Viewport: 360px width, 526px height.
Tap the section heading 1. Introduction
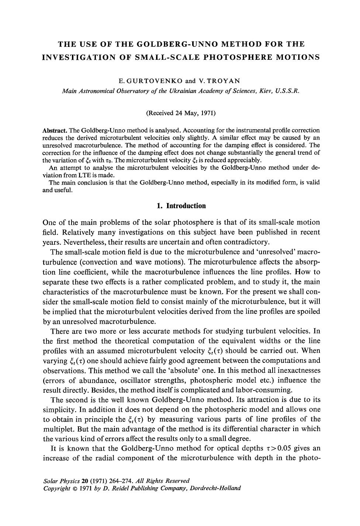pos(181,206)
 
